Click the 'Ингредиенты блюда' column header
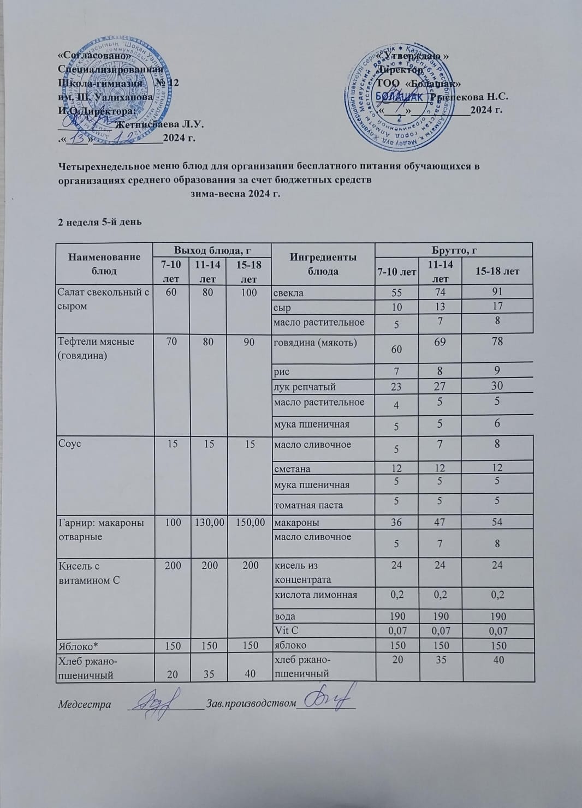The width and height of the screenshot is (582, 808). coord(323,264)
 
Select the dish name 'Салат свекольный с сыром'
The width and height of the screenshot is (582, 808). coord(103,299)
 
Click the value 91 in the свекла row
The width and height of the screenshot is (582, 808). coord(497,292)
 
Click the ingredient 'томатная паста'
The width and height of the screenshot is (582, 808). coord(308,505)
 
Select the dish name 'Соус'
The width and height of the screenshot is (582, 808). coord(70,444)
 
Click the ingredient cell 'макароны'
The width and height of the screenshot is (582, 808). coord(296,523)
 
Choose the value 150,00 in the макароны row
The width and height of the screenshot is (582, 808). coord(250,523)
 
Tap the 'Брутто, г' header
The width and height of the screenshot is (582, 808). coord(454,250)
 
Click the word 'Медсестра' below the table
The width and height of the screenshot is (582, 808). coord(85,704)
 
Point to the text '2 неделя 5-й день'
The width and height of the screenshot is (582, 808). coord(100,222)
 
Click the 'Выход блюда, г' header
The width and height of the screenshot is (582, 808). coord(212,250)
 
